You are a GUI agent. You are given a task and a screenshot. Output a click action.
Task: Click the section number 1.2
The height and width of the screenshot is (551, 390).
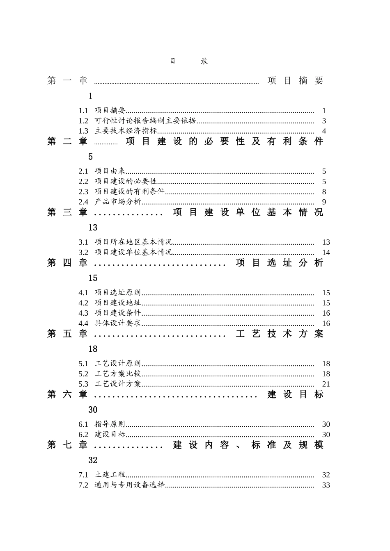(83, 121)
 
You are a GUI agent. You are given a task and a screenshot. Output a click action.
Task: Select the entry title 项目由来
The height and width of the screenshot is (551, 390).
(110, 171)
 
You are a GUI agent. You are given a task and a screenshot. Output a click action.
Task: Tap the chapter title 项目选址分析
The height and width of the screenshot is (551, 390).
(280, 263)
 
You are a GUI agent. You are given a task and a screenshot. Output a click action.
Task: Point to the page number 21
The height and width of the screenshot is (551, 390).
(326, 384)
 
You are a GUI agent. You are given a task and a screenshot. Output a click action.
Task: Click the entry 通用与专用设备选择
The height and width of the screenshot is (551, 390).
(130, 485)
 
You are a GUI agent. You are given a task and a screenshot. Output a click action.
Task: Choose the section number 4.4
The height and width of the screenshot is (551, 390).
(83, 323)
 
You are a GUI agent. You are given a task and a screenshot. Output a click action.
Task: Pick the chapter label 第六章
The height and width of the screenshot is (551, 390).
(68, 394)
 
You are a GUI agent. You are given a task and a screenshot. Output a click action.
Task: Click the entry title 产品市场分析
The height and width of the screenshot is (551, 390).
(118, 202)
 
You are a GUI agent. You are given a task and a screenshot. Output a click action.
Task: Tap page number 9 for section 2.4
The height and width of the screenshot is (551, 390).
(324, 202)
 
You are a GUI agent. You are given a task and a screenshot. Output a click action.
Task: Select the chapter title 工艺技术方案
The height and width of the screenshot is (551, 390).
(280, 334)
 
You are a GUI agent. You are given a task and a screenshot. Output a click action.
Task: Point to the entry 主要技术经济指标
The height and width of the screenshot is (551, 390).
(126, 131)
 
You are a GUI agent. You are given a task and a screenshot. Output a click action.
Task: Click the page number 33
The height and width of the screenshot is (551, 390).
(326, 485)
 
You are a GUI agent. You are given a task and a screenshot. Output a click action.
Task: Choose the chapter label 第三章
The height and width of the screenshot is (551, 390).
(68, 212)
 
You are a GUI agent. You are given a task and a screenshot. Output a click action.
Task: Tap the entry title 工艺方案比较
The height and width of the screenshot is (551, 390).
(118, 374)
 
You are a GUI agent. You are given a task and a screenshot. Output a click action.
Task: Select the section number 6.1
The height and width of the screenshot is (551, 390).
(83, 424)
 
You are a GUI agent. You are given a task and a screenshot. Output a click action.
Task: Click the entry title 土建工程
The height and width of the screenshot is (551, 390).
(110, 475)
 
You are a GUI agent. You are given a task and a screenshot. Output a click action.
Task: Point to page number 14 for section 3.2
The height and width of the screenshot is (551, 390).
(326, 253)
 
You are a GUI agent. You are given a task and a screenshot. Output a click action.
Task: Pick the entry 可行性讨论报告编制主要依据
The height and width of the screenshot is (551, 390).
(145, 121)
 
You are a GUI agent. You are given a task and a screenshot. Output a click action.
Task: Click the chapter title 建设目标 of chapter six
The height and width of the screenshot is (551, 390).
(296, 394)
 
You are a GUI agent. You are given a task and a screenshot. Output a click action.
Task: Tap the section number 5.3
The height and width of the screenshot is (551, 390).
(83, 384)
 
